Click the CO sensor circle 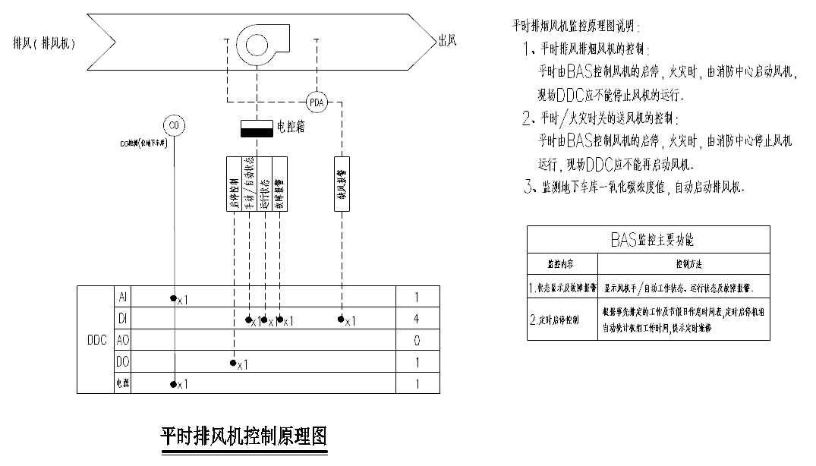(x=174, y=124)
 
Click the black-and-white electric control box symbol (x=257, y=128)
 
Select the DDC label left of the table (x=96, y=340)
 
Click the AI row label (x=123, y=297)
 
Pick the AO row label (x=123, y=341)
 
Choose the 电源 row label (x=123, y=384)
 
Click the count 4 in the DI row (x=417, y=320)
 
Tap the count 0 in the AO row (x=417, y=341)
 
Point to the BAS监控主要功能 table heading (x=651, y=241)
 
